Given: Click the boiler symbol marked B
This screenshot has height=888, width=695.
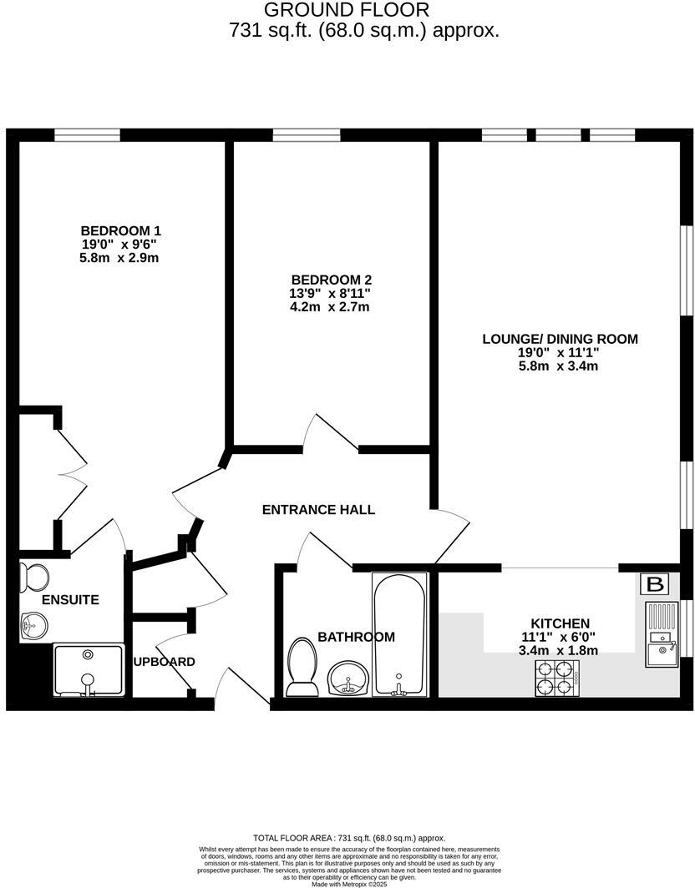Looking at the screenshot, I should point(655,584).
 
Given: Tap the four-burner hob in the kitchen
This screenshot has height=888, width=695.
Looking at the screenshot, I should point(557,678).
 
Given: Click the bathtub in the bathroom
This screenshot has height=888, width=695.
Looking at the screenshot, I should point(400,634).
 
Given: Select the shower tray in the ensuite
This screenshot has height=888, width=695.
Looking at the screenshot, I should point(89,670).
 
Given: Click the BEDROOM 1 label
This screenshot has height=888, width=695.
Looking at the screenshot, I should point(120,230).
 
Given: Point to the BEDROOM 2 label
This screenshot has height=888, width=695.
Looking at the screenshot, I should point(331,280).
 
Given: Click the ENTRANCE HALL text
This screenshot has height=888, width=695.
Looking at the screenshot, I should point(318,510).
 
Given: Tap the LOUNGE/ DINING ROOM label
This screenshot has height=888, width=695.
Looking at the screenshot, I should point(560,339).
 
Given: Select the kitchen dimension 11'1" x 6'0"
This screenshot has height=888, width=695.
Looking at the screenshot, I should point(561,637).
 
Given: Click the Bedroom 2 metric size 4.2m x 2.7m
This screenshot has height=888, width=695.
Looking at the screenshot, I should point(331,306).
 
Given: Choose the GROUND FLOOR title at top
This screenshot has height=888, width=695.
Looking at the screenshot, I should point(347,10).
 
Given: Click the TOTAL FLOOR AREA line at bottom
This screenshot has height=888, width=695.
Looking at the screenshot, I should point(348,838).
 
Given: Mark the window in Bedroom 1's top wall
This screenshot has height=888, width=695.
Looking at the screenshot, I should point(88,134).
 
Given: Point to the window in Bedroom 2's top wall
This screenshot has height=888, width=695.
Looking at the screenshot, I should point(306,134).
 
